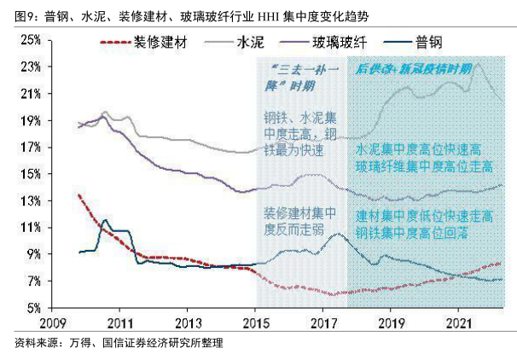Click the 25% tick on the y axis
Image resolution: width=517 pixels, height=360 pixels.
[31, 39]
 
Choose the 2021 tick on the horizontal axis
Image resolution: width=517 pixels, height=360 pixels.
[458, 323]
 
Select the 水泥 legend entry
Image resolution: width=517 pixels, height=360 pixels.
[247, 41]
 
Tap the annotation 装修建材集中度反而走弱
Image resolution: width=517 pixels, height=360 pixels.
[293, 219]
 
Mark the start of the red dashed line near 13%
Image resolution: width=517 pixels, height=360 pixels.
[78, 196]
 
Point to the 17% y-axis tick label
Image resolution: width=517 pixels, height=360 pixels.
[31, 147]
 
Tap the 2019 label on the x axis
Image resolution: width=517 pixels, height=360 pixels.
[391, 323]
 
